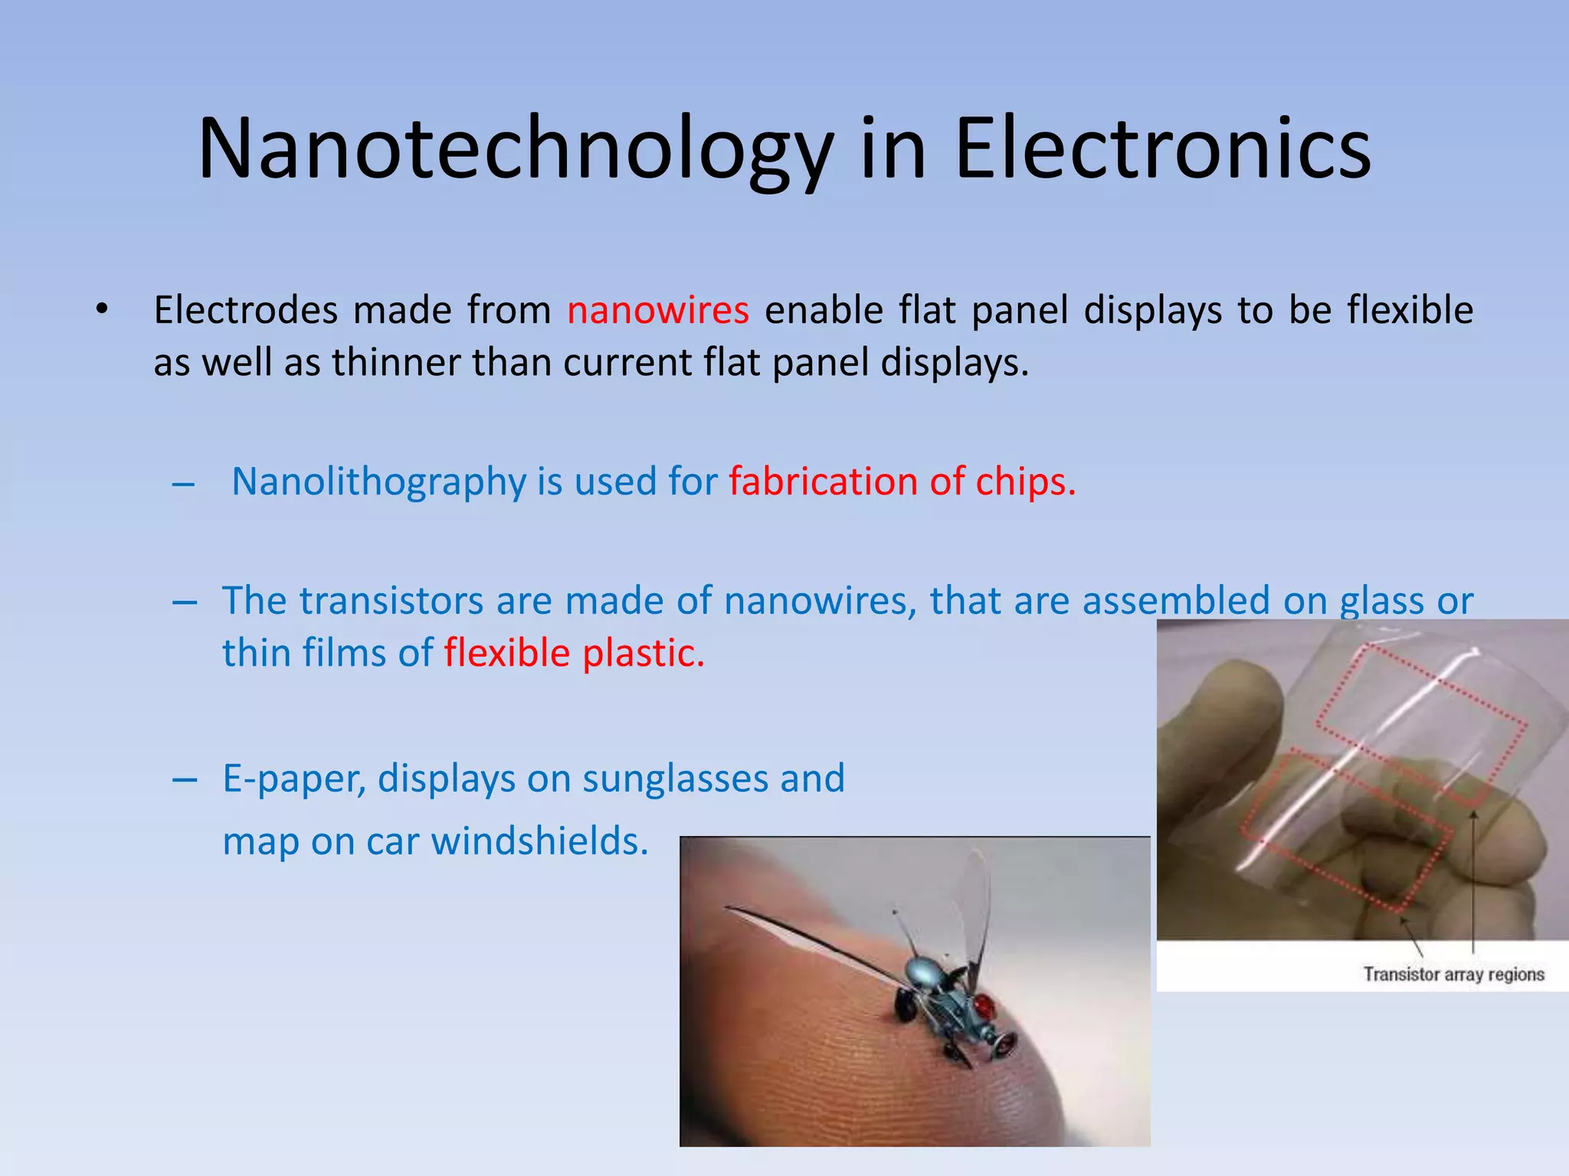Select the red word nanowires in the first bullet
(657, 311)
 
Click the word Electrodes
(246, 311)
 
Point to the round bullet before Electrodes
(102, 309)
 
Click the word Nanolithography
(378, 482)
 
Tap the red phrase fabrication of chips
(902, 482)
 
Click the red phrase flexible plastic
(574, 654)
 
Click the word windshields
(539, 841)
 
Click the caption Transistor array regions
(1453, 975)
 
